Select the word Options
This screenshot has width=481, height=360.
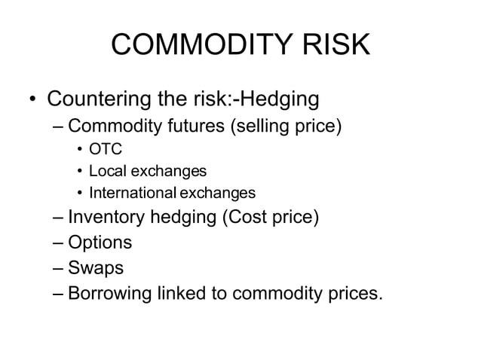(x=99, y=243)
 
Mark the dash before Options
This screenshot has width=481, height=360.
(x=59, y=243)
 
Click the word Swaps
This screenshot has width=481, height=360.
(x=96, y=267)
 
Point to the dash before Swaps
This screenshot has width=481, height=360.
(x=59, y=268)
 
